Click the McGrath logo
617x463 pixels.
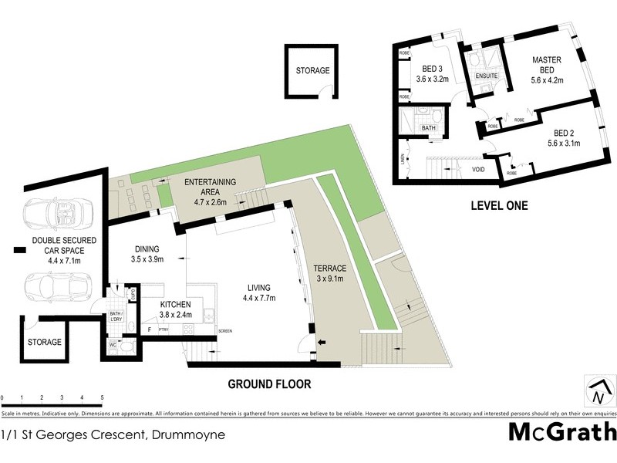561,431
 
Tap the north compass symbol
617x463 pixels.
597,390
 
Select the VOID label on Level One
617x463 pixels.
478,170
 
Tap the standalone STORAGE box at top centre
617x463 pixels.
312,71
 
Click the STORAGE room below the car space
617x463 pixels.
44,341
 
